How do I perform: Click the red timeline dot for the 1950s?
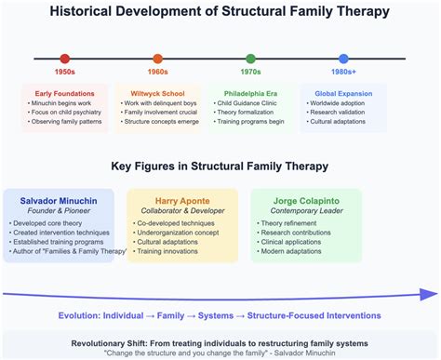point(64,58)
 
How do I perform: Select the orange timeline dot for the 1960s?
point(157,58)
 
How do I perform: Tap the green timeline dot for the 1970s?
point(250,58)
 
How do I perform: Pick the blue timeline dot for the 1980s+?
point(343,58)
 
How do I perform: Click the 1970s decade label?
point(250,73)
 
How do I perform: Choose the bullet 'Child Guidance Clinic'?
point(247,103)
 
